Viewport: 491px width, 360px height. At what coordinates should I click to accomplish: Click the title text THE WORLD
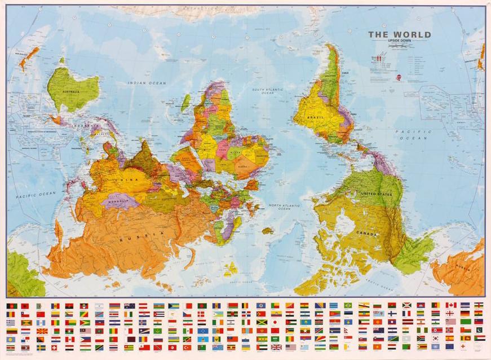click(x=400, y=34)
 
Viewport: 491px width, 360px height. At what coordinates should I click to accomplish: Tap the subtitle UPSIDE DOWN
click(x=400, y=42)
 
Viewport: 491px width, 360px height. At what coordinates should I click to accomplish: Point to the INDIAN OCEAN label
click(x=147, y=83)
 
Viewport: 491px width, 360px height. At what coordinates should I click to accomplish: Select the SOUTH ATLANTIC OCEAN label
click(x=267, y=91)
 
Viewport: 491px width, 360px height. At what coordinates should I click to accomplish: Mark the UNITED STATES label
click(x=375, y=194)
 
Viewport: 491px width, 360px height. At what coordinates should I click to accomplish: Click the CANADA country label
click(x=367, y=233)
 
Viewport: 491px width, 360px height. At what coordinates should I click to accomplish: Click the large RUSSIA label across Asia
click(x=141, y=236)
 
